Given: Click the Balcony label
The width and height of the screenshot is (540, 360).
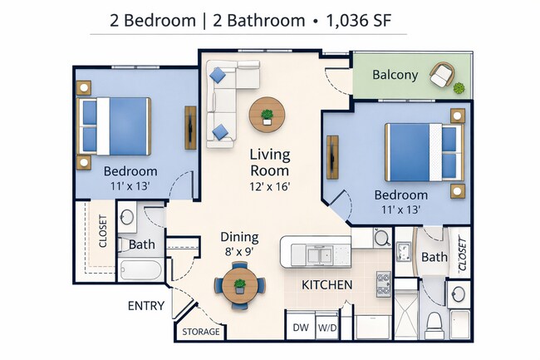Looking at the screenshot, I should coord(395,75).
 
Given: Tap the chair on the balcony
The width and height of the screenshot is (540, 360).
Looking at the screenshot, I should coord(442,76).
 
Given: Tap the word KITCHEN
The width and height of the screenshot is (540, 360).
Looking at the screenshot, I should coord(326,285).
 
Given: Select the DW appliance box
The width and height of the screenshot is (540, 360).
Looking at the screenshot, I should coord(300,327).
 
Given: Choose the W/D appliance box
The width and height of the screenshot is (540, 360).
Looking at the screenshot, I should coord(326,327).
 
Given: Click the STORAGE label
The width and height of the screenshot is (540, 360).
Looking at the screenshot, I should coord(201,332).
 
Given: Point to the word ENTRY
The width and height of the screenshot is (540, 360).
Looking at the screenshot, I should coord(145,306).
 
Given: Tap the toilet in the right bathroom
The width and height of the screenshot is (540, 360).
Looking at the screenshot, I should coord(433,323).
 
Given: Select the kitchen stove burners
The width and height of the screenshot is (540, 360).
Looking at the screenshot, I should coord(384,285).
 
